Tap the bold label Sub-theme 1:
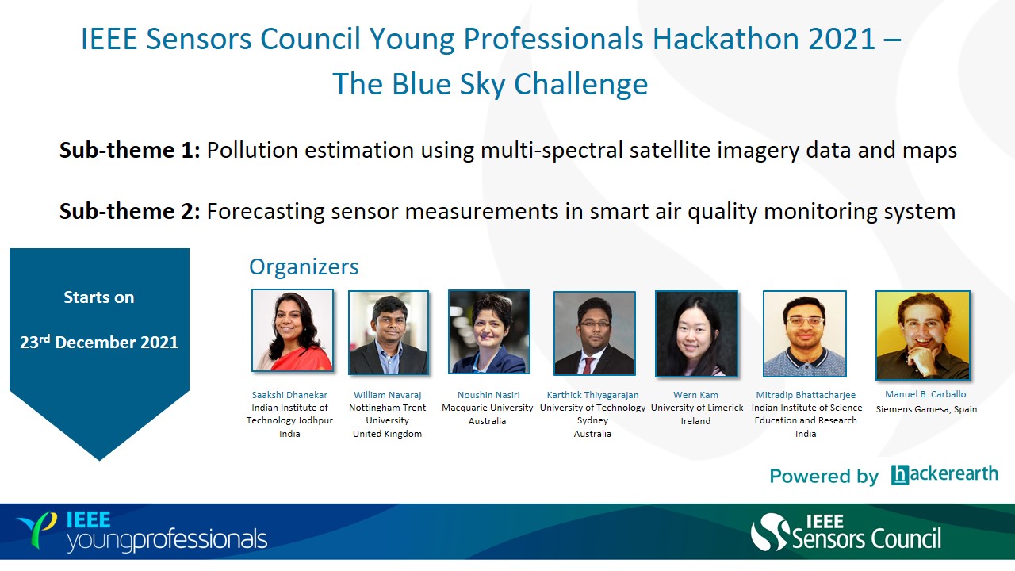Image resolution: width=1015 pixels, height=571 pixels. [130, 150]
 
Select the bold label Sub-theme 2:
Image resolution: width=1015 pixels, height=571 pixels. [130, 211]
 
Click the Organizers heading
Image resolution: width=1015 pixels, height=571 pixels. [304, 266]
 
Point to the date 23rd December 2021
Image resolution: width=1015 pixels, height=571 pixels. [99, 342]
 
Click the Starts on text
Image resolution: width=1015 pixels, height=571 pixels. [99, 297]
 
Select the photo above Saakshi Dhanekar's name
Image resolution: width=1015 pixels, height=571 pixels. [293, 331]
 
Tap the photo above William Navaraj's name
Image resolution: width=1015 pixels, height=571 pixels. [389, 332]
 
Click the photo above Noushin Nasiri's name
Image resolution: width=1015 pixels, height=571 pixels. [489, 331]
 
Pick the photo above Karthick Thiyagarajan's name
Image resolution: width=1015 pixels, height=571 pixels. [595, 334]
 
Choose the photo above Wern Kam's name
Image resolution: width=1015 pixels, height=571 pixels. [696, 334]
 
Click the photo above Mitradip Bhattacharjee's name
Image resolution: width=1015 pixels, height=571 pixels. [804, 334]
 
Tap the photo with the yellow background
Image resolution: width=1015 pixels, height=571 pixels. [923, 335]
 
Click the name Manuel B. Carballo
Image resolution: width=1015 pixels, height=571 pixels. [925, 394]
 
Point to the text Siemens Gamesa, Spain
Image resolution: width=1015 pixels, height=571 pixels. [926, 409]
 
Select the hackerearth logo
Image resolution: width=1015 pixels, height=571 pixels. [944, 474]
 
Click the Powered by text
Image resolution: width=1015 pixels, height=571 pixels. [824, 477]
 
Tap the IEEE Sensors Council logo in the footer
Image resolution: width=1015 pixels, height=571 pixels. [846, 532]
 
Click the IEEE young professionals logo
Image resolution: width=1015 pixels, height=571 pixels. [141, 532]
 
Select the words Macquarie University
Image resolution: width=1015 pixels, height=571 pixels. [488, 408]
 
